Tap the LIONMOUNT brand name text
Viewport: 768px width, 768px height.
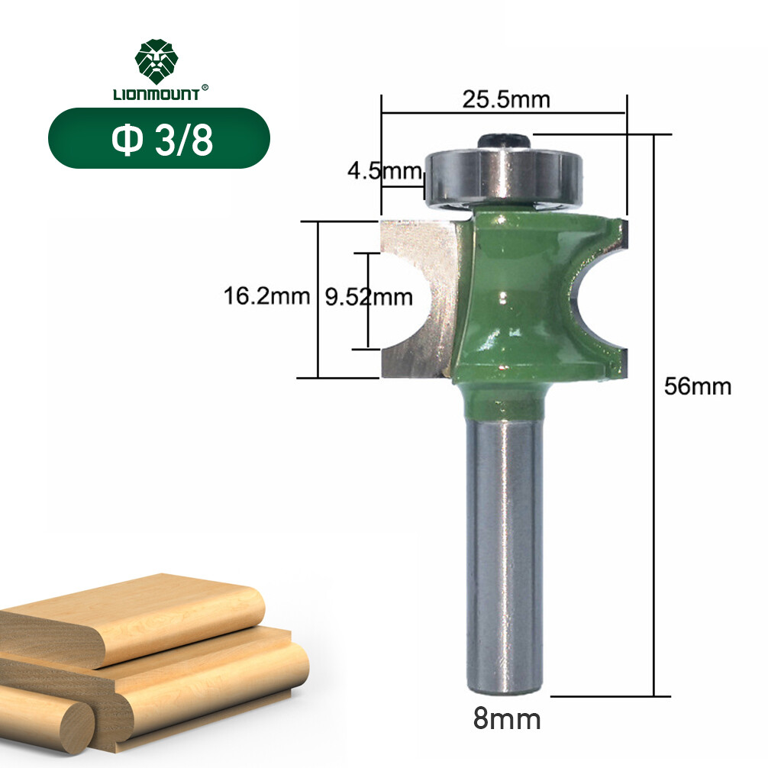156,95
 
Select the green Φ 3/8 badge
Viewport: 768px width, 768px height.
159,138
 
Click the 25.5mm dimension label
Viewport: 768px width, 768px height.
506,99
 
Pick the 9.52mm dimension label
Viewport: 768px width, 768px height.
369,296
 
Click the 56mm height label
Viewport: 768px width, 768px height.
697,386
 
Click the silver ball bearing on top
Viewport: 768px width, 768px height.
505,178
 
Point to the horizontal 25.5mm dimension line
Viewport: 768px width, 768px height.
504,114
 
